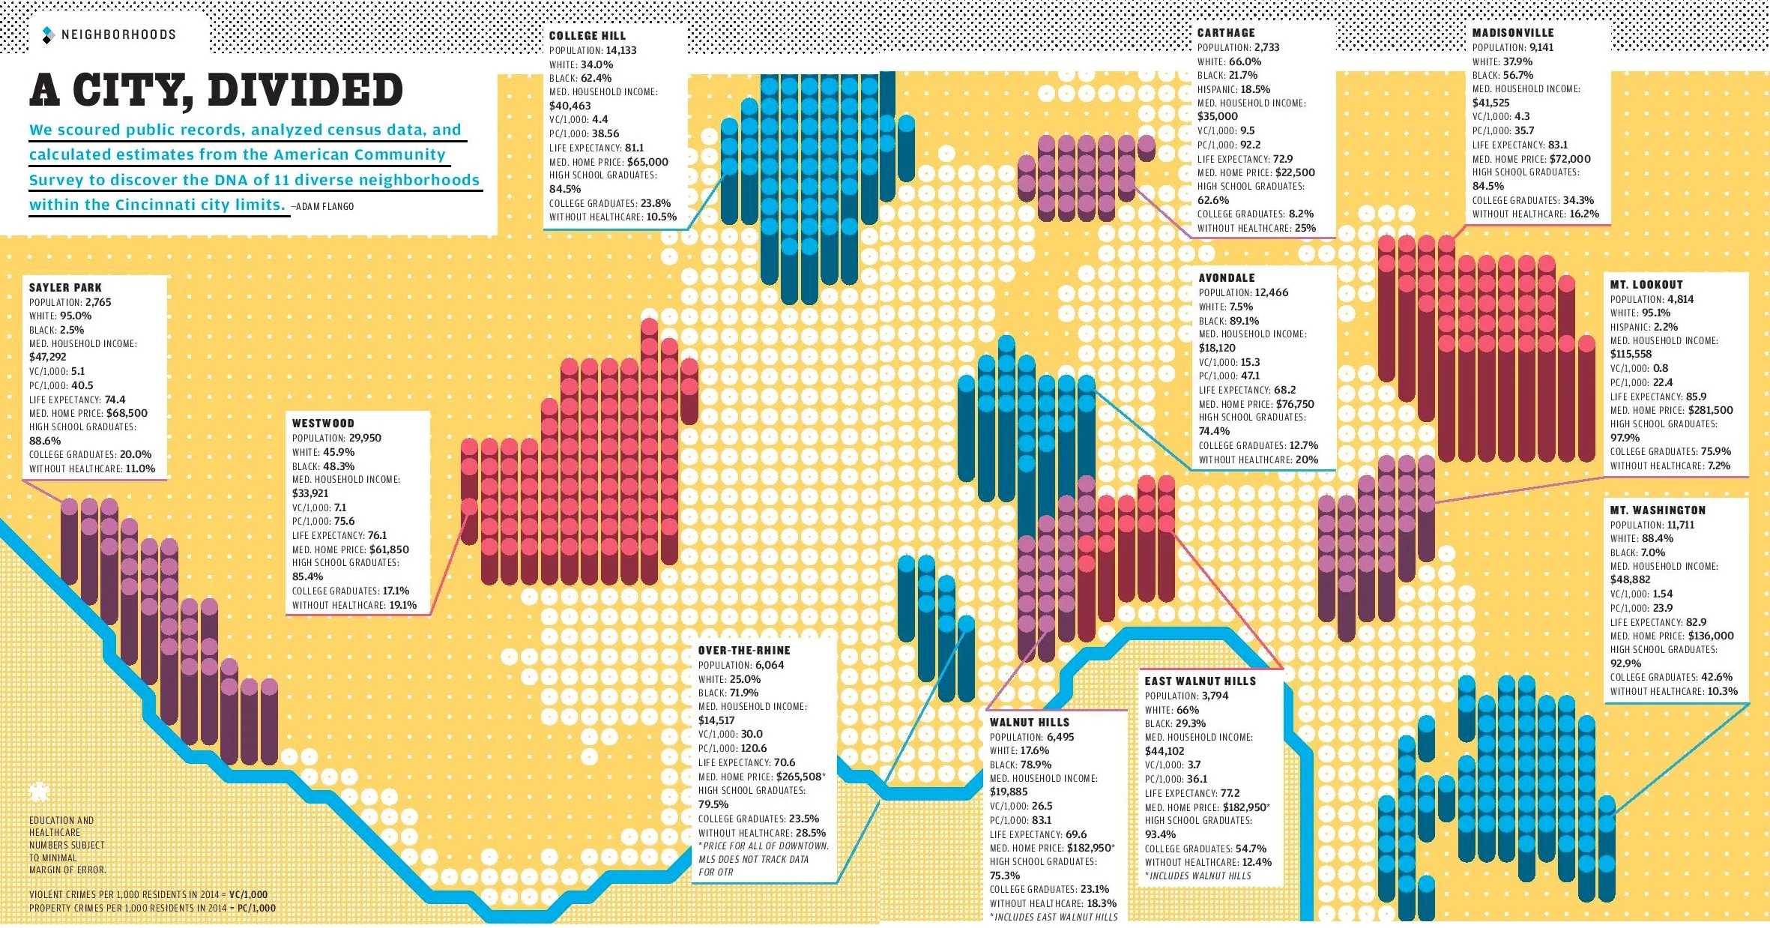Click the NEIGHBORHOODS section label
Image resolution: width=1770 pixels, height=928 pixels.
click(x=118, y=34)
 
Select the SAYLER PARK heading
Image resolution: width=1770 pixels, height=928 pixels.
click(x=65, y=288)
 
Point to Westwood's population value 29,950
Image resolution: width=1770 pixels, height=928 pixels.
click(x=365, y=438)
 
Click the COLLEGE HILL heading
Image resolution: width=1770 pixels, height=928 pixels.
click(x=587, y=36)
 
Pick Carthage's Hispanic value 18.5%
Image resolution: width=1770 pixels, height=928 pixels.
click(x=1255, y=89)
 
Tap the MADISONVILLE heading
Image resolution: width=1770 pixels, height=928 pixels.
click(x=1512, y=33)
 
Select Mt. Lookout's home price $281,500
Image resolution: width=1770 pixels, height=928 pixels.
click(x=1710, y=410)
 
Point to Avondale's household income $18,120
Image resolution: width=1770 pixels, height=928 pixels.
click(x=1217, y=348)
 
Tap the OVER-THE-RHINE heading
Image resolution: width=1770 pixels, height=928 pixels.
click(x=743, y=651)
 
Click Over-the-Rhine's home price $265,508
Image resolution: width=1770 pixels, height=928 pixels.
click(x=799, y=777)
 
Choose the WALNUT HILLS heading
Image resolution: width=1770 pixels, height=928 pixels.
click(x=1029, y=723)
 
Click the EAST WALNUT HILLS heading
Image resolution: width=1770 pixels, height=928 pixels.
click(x=1200, y=681)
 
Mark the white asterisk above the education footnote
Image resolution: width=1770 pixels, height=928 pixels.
click(x=38, y=791)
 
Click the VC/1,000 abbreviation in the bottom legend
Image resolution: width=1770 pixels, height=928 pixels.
click(x=247, y=894)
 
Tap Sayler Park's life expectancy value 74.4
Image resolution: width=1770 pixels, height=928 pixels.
click(x=115, y=400)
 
